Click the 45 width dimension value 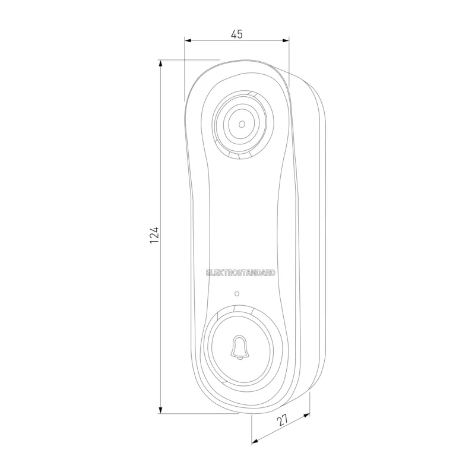click(236, 34)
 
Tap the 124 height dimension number click(154, 235)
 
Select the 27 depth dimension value click(282, 420)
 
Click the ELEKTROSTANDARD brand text click(240, 273)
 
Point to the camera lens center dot click(242, 124)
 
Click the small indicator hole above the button click(237, 293)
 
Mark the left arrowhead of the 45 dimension click(188, 40)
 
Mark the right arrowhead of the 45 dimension click(286, 40)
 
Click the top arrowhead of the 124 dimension click(160, 64)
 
